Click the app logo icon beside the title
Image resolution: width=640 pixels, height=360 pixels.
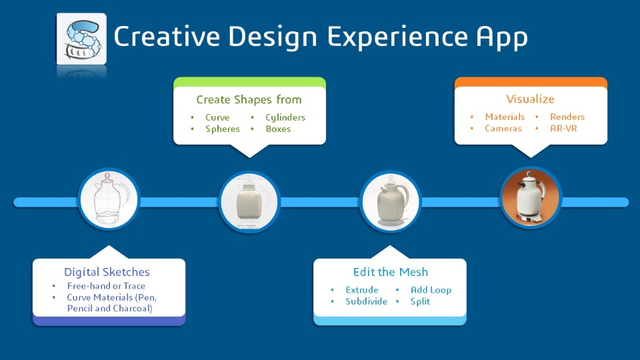pyautogui.click(x=81, y=39)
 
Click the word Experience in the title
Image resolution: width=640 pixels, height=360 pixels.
pyautogui.click(x=397, y=37)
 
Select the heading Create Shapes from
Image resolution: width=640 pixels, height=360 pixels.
pyautogui.click(x=249, y=99)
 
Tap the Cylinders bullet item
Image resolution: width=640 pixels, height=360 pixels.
pyautogui.click(x=285, y=118)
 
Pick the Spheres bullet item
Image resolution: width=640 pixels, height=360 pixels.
pyautogui.click(x=223, y=129)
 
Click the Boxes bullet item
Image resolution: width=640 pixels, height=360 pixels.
pyautogui.click(x=278, y=129)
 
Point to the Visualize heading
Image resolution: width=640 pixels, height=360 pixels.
pyautogui.click(x=530, y=99)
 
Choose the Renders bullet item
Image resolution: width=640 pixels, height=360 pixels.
pyautogui.click(x=567, y=117)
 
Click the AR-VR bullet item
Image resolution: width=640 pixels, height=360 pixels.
pyautogui.click(x=563, y=128)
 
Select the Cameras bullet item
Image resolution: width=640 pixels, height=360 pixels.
pyautogui.click(x=503, y=128)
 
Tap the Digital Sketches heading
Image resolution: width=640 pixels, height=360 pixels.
pyautogui.click(x=107, y=272)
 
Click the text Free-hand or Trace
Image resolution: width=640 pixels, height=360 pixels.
pyautogui.click(x=106, y=286)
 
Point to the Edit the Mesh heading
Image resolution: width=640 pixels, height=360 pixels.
pyautogui.click(x=391, y=272)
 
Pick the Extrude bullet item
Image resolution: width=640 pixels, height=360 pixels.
pyautogui.click(x=361, y=290)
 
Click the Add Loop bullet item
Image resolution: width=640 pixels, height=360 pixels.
pyautogui.click(x=431, y=290)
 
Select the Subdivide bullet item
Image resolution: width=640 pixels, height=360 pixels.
pyautogui.click(x=366, y=301)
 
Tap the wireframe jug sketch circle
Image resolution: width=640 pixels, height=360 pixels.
pyautogui.click(x=109, y=199)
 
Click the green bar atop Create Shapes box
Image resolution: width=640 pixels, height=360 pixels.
pyautogui.click(x=249, y=82)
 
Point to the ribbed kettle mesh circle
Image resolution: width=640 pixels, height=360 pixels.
pyautogui.click(x=390, y=201)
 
